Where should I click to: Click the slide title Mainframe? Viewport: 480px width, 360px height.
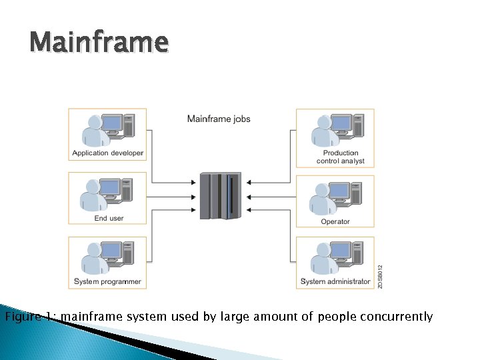point(99,43)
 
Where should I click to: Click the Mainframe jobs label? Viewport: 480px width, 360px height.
point(219,119)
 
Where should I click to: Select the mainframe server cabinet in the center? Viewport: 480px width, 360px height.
point(220,196)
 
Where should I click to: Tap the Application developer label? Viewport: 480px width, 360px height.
point(107,153)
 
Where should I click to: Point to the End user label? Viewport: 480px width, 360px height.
point(109,218)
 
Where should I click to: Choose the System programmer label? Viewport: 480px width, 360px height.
point(107,281)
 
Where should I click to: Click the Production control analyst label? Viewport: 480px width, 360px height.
point(341,157)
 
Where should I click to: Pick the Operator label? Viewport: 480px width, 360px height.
point(335,221)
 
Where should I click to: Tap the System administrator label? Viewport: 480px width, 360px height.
point(335,281)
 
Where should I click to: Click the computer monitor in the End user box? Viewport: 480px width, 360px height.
point(111,187)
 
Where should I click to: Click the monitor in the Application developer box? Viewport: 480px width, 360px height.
point(111,123)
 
